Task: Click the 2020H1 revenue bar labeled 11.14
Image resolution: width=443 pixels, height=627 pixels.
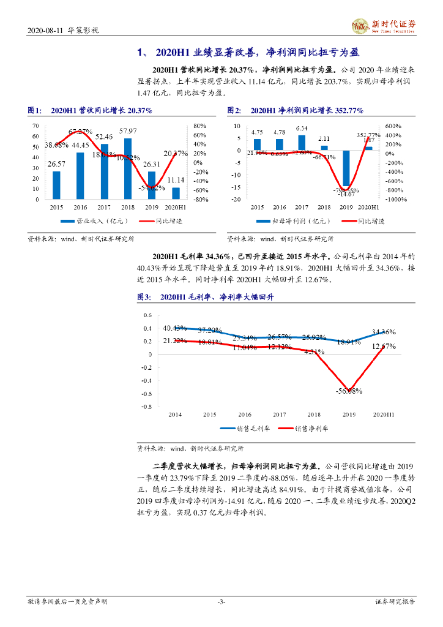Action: click(x=176, y=193)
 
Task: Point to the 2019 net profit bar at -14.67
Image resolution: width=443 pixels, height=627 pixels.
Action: click(x=346, y=168)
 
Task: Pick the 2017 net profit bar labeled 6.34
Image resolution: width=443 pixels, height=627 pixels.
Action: click(x=302, y=142)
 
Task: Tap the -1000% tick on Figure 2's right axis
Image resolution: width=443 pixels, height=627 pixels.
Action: click(x=395, y=199)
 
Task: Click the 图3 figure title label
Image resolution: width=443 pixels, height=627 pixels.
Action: click(x=144, y=297)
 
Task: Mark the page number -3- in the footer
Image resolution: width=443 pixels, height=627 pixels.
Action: click(x=221, y=602)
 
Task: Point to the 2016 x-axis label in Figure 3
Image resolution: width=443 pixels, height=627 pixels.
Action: click(x=244, y=415)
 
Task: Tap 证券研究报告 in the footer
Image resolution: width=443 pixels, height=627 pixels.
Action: click(x=395, y=602)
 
